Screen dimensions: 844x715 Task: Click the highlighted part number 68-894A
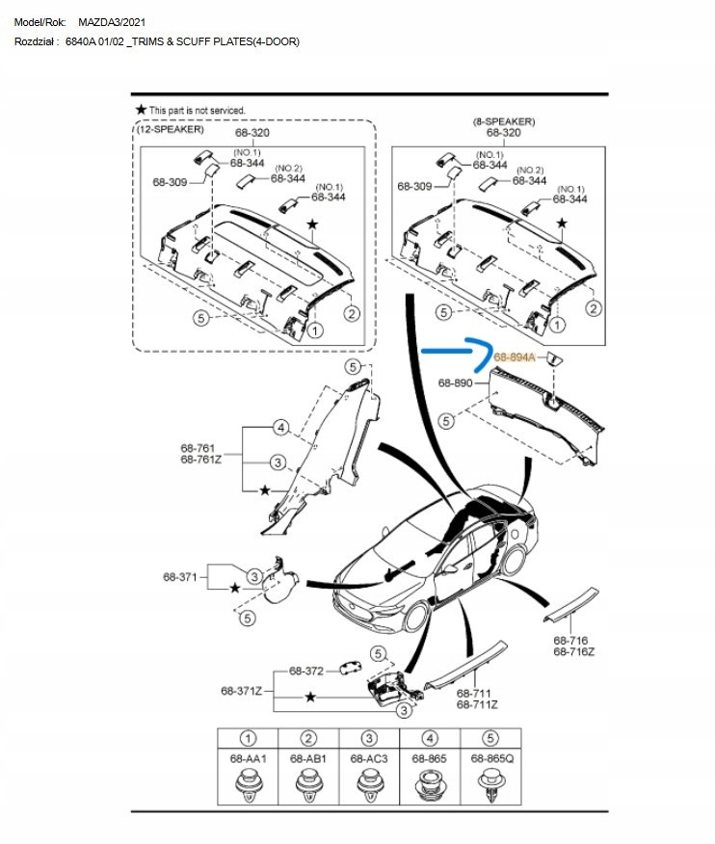pyautogui.click(x=514, y=356)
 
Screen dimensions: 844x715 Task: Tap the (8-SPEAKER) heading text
pyautogui.click(x=504, y=121)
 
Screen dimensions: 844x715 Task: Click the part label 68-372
pyautogui.click(x=306, y=671)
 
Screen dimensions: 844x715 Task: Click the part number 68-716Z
pyautogui.click(x=574, y=652)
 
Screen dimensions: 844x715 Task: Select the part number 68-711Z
pyautogui.click(x=477, y=705)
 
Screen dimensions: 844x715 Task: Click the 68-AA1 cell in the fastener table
pyautogui.click(x=248, y=759)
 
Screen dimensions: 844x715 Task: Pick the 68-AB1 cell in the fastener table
pyautogui.click(x=308, y=759)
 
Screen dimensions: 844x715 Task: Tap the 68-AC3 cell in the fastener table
pyautogui.click(x=369, y=759)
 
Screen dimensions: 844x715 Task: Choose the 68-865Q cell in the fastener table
pyautogui.click(x=491, y=759)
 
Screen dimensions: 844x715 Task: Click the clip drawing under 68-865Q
pyautogui.click(x=491, y=789)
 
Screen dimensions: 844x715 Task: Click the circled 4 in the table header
pyautogui.click(x=430, y=739)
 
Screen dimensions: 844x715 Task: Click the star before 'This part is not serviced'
pyautogui.click(x=141, y=111)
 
